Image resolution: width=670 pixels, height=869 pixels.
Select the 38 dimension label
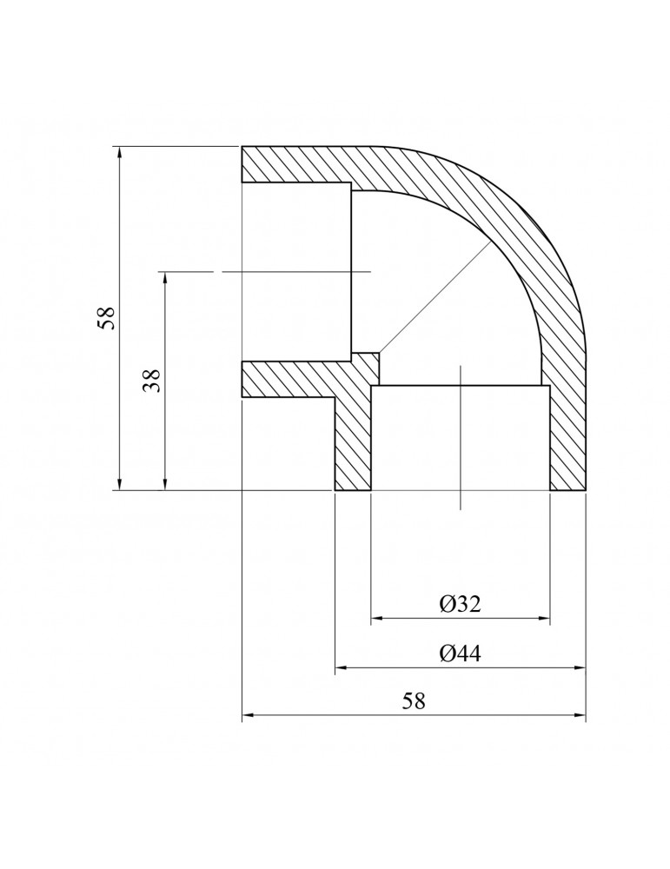pyautogui.click(x=153, y=381)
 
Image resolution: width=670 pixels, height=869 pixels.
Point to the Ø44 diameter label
pyautogui.click(x=461, y=653)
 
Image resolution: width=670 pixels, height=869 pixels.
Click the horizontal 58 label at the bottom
pyautogui.click(x=415, y=701)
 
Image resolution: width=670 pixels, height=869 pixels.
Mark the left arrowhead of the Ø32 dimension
pyautogui.click(x=377, y=620)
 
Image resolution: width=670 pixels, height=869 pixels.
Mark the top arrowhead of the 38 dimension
pyautogui.click(x=163, y=277)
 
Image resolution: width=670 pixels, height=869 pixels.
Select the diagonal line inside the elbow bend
pyautogui.click(x=430, y=300)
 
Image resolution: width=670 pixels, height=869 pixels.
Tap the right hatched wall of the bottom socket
pyautogui.click(x=567, y=434)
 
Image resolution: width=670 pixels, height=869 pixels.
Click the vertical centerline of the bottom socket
pyautogui.click(x=461, y=434)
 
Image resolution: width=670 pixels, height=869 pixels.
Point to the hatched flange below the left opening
pyautogui.click(x=287, y=379)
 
